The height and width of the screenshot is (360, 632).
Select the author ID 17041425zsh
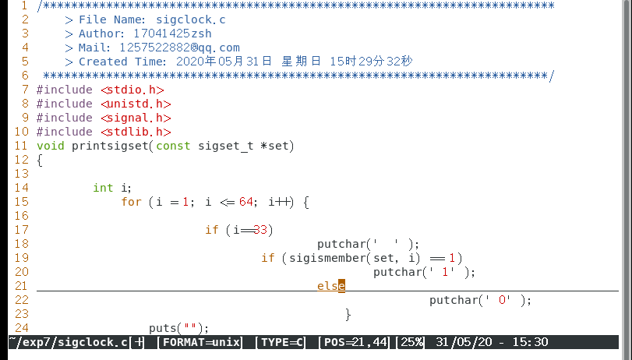point(172,34)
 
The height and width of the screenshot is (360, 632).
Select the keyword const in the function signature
point(174,146)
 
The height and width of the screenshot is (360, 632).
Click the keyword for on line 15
point(131,202)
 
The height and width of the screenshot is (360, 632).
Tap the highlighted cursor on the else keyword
point(341,286)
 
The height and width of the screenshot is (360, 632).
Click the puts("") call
point(179,328)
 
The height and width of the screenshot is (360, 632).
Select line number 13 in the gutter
point(21,174)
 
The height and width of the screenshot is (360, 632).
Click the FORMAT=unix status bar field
point(199,342)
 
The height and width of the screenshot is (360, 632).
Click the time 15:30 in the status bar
point(531,342)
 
